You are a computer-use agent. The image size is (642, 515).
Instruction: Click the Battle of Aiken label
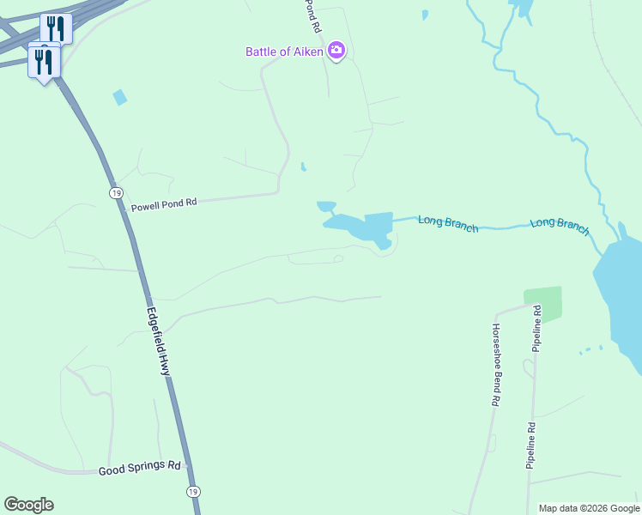(x=284, y=51)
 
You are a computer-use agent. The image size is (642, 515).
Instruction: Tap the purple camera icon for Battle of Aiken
(x=336, y=51)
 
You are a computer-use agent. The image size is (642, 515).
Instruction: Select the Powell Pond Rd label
(x=163, y=204)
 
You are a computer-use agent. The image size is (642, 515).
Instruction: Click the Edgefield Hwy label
(x=158, y=342)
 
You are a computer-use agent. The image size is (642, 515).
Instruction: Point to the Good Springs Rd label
(x=139, y=470)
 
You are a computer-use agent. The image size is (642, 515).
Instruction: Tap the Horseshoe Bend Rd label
(x=496, y=365)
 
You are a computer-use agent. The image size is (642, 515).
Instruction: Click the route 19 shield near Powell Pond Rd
(x=115, y=192)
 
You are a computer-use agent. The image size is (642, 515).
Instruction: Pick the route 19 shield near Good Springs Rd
(x=193, y=491)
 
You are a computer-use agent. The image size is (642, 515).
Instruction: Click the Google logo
(x=28, y=505)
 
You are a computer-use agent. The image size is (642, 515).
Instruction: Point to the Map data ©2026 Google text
(x=589, y=508)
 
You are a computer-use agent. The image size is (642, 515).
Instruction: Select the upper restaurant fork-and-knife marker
(x=56, y=27)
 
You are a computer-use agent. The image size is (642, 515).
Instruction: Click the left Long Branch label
(x=448, y=224)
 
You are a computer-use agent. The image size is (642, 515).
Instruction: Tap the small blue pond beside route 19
(x=120, y=98)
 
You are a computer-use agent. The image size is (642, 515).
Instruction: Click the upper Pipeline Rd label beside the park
(x=536, y=328)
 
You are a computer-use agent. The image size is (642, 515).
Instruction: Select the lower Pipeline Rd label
(x=531, y=445)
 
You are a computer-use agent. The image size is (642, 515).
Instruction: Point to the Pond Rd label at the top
(x=313, y=15)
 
